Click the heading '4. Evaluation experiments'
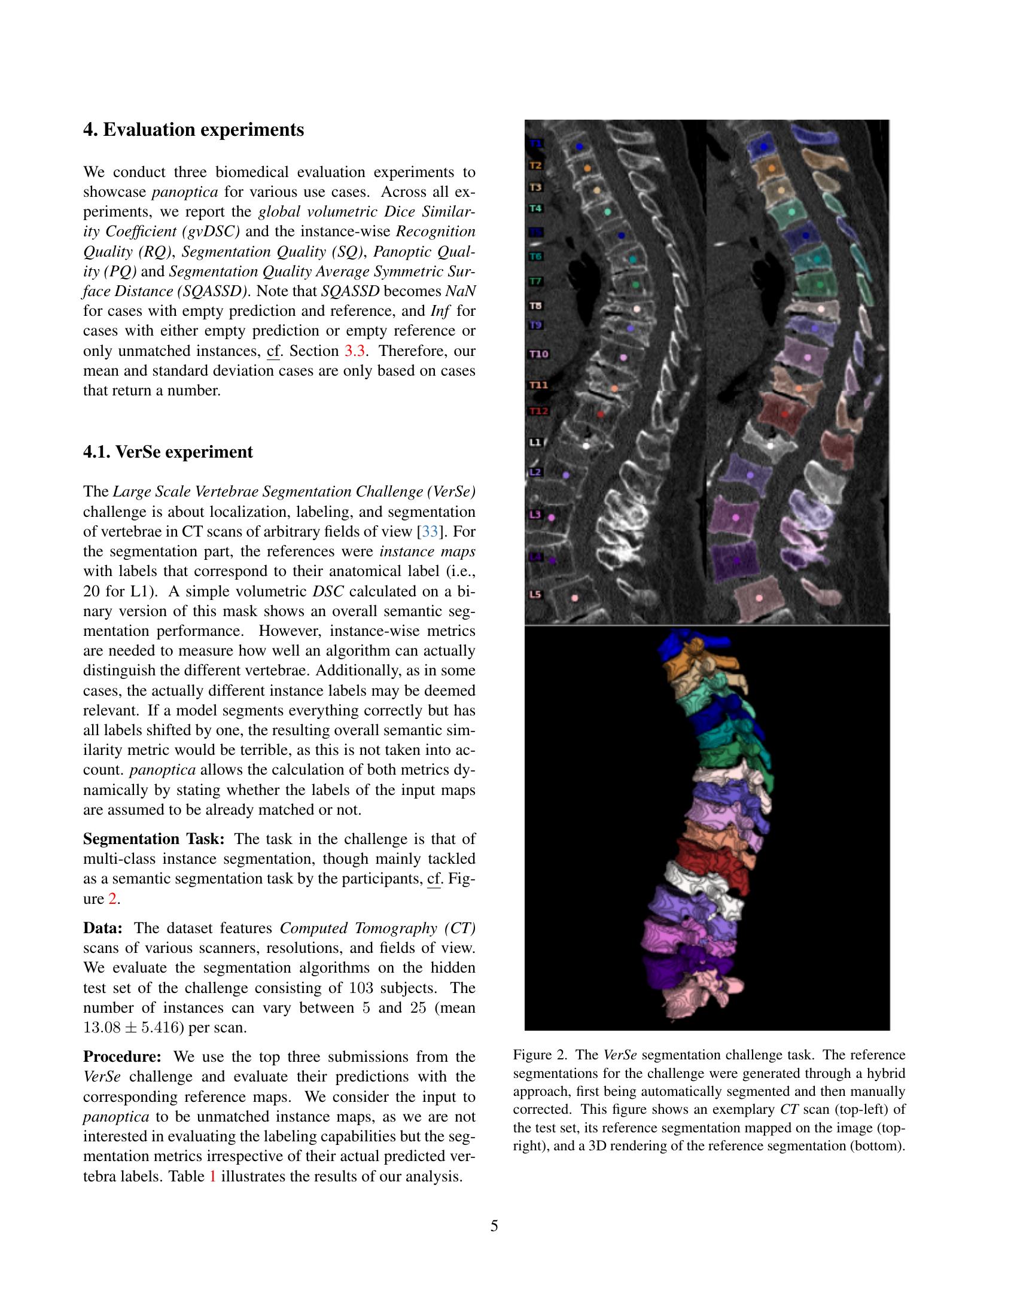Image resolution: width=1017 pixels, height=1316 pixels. [x=193, y=130]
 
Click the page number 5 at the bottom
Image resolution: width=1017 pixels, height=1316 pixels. [x=494, y=1226]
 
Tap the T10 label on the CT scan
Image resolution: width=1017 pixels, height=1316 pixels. [x=538, y=354]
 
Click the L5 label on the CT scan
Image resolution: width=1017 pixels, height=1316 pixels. [x=535, y=594]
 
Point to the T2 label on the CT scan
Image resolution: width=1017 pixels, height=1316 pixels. [x=535, y=165]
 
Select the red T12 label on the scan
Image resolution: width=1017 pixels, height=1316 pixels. [x=538, y=412]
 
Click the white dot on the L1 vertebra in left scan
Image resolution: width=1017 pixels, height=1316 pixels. [x=587, y=446]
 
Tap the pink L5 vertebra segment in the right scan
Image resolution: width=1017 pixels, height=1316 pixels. [x=759, y=598]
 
